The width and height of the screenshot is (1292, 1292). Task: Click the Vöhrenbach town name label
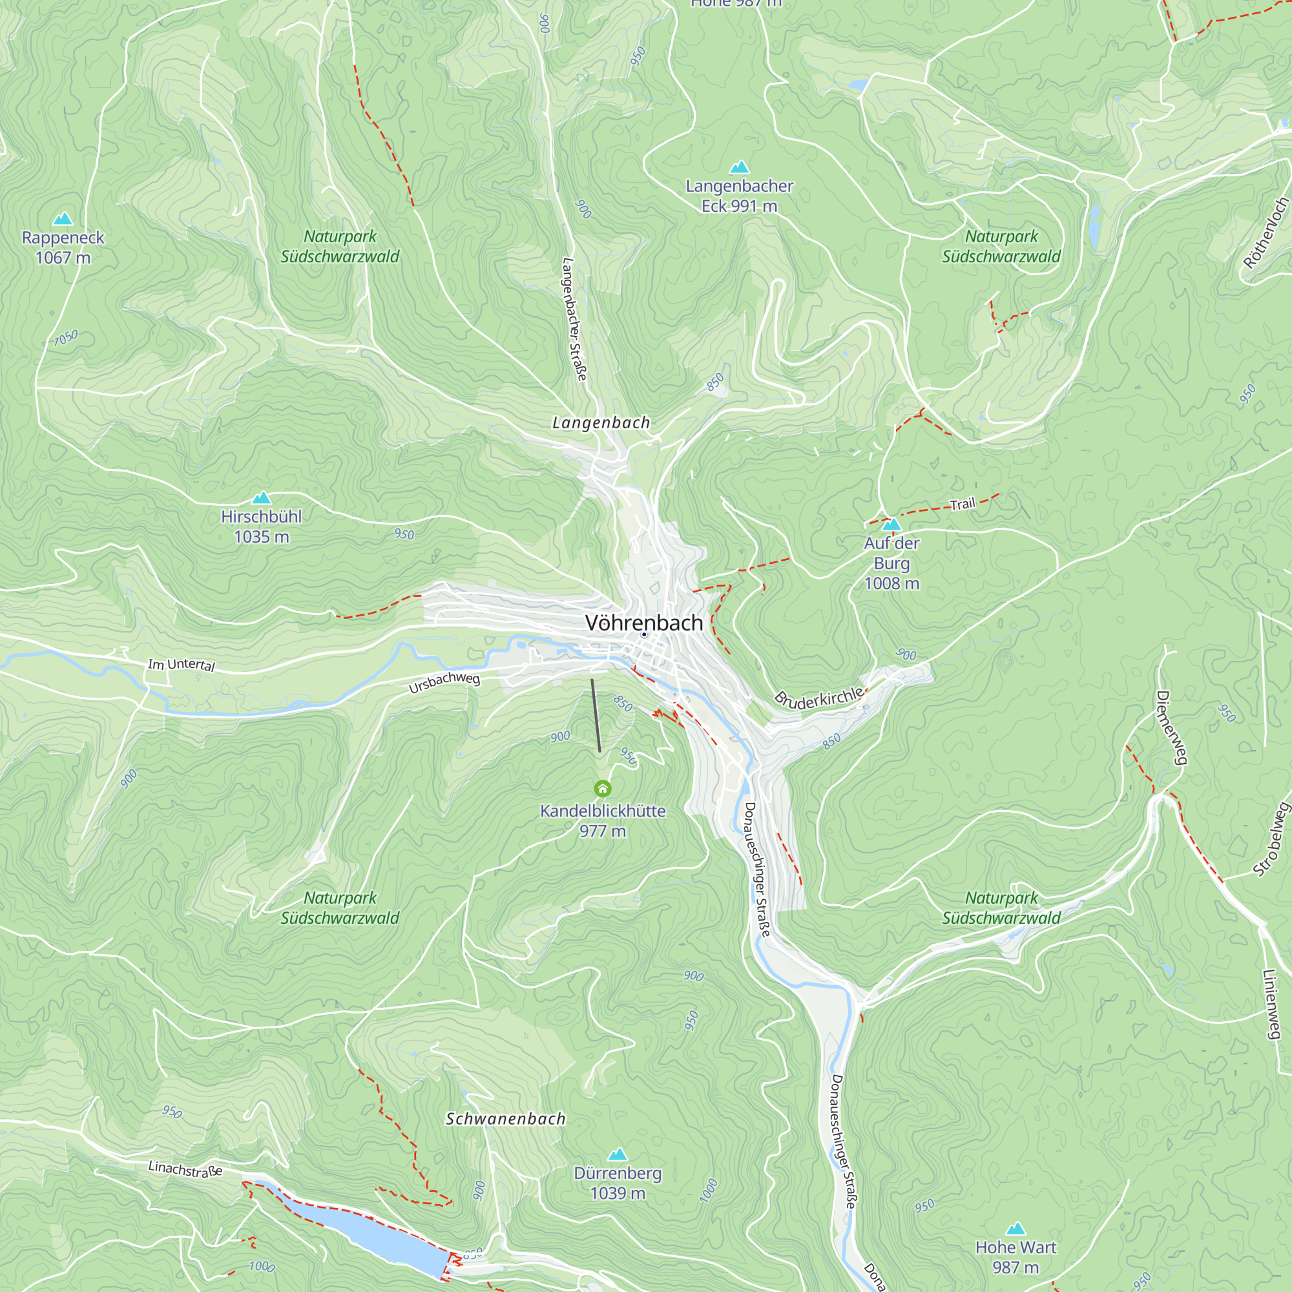click(x=643, y=623)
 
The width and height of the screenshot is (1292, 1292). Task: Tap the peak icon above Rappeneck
click(x=63, y=219)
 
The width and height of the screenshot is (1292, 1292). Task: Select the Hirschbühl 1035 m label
click(x=261, y=526)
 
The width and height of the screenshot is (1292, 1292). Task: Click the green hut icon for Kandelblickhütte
click(x=603, y=789)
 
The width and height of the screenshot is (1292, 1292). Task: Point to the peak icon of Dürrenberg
click(x=617, y=1154)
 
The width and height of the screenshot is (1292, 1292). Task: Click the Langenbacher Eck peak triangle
click(x=739, y=167)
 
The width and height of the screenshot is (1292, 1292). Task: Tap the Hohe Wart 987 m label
click(x=1015, y=1257)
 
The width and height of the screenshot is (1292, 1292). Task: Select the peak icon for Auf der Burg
click(x=891, y=524)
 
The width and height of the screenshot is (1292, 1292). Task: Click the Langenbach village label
click(x=601, y=422)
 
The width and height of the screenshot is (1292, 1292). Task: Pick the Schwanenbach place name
click(x=506, y=1119)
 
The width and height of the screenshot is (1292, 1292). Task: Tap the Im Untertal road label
click(x=182, y=664)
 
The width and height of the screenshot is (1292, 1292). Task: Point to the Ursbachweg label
click(x=444, y=682)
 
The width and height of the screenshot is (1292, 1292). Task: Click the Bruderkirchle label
click(x=820, y=697)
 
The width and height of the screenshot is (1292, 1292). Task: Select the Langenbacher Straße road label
click(x=574, y=320)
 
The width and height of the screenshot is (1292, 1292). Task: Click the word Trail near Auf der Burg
click(x=963, y=505)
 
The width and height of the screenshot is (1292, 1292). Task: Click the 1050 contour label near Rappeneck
click(x=66, y=339)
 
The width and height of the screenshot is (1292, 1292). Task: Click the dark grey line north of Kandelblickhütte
click(x=596, y=716)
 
